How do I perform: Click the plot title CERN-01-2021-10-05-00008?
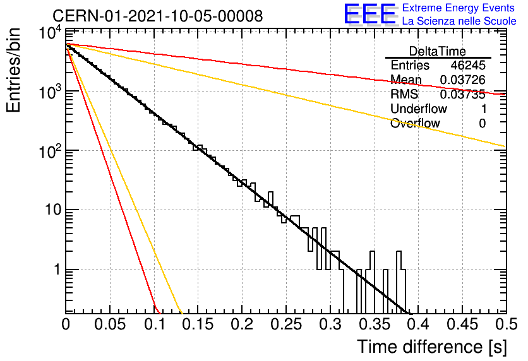point(158,16)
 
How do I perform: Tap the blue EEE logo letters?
point(369,14)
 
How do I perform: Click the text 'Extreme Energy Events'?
point(459,8)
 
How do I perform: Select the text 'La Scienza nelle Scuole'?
point(459,21)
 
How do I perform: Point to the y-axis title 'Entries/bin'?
point(13,70)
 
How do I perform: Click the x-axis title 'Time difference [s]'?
point(432,347)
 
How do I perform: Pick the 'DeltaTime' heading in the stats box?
point(438,51)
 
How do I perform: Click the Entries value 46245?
point(468,65)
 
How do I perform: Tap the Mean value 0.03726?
point(463,80)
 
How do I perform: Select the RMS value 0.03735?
point(463,94)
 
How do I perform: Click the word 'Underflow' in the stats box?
point(419,109)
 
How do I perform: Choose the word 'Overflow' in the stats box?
point(415,123)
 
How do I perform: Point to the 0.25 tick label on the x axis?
point(286,324)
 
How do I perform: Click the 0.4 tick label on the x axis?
point(418,324)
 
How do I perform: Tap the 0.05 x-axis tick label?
point(110,324)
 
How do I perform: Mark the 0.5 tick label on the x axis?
point(507,324)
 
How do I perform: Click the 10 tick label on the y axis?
point(53,210)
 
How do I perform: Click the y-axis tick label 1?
point(57,269)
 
